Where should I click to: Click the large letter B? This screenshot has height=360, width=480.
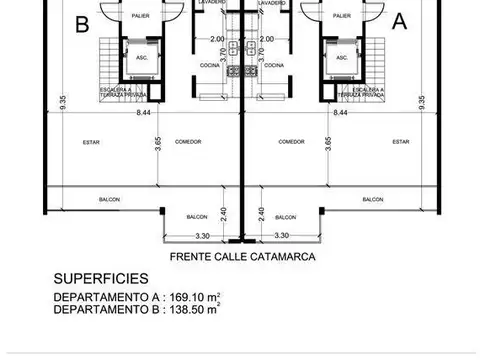coord(81,23)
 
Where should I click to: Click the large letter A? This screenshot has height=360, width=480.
coord(399,20)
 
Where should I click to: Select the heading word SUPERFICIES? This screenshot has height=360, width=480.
coord(101,279)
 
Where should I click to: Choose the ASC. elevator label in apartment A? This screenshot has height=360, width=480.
coord(342,59)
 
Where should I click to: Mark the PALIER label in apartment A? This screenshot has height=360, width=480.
coord(343,17)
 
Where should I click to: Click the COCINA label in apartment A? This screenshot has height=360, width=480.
coord(275,64)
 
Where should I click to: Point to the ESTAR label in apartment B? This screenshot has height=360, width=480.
coord(91,142)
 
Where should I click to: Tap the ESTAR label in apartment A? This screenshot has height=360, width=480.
coord(401,142)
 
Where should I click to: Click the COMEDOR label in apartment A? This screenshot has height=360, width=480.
coord(292,142)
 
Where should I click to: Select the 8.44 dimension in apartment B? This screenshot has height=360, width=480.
coord(143,113)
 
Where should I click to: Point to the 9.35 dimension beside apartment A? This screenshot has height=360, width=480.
coord(422,102)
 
